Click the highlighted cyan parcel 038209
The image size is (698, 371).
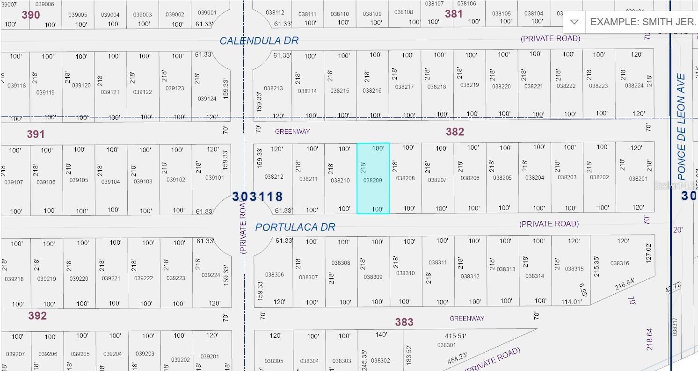[373, 179]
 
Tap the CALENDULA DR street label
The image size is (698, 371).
[259, 41]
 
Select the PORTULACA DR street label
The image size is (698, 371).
[295, 227]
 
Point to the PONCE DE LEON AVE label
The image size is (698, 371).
[681, 127]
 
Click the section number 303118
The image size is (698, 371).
[258, 196]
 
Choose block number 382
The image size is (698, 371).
[455, 132]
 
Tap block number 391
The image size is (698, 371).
[36, 135]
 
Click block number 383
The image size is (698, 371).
[404, 322]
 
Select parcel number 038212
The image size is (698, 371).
[274, 177]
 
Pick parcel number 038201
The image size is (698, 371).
[639, 179]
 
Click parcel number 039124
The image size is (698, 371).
[207, 99]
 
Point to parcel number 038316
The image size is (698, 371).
[620, 263]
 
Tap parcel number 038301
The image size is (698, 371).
[446, 345]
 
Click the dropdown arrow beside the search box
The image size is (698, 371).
[574, 22]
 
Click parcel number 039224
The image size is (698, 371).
[211, 275]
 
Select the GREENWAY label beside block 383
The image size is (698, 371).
[466, 319]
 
